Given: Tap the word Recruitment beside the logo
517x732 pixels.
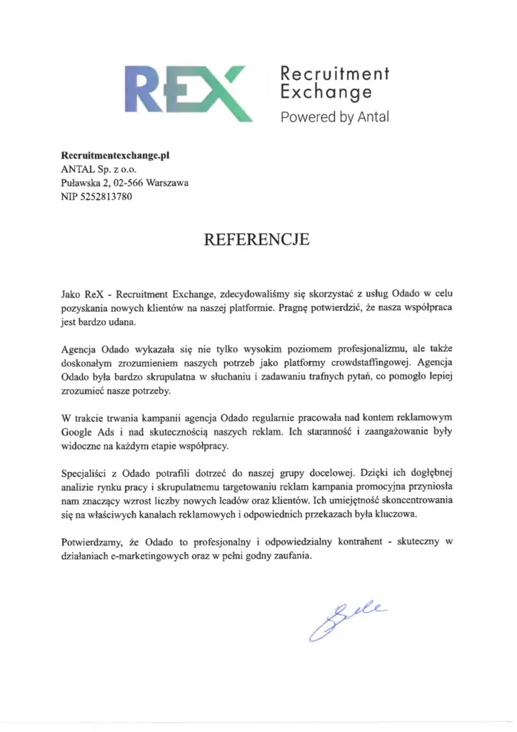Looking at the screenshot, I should pyautogui.click(x=333, y=74).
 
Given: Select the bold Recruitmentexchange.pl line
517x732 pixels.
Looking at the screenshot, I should pyautogui.click(x=115, y=154).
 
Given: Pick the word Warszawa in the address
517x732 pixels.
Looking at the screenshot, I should pyautogui.click(x=166, y=183).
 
